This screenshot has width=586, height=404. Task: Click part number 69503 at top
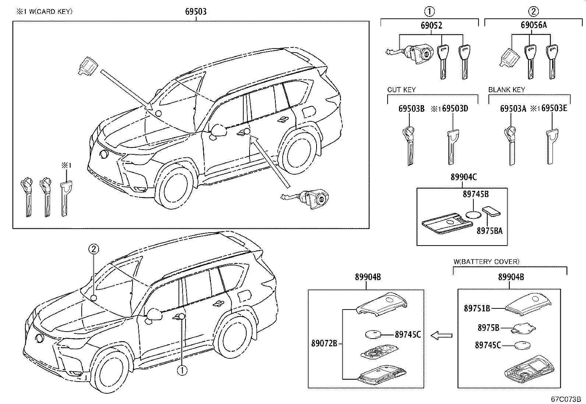[195, 11]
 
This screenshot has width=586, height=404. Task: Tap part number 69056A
[533, 25]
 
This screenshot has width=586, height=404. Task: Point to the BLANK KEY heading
[506, 90]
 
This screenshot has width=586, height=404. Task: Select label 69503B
[412, 108]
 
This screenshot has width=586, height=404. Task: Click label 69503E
[555, 108]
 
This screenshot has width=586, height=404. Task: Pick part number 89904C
[463, 177]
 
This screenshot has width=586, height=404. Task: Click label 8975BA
[489, 231]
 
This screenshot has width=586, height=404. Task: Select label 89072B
[324, 344]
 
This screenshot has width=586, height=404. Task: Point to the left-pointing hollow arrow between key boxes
[441, 335]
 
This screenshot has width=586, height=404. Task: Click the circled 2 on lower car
[94, 249]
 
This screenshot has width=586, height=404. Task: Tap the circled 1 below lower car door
[182, 370]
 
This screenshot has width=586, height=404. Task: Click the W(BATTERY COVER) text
[486, 262]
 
